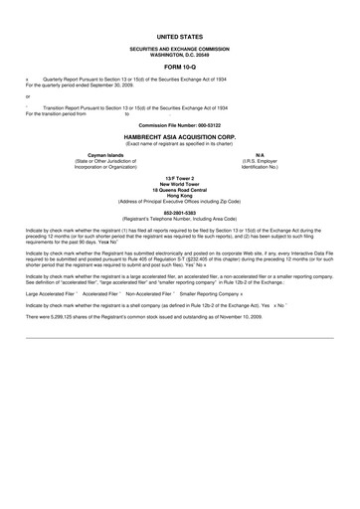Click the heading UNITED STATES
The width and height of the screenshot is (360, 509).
180,34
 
